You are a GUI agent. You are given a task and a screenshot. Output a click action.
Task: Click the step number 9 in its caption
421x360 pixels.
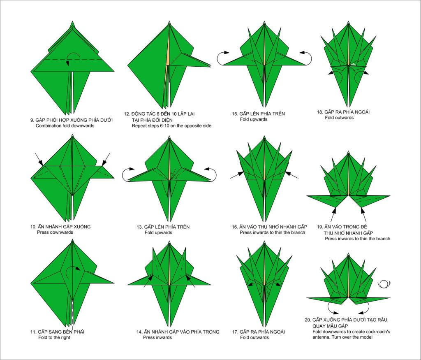point(32,120)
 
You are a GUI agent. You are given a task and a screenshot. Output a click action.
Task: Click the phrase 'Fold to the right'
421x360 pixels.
point(54,337)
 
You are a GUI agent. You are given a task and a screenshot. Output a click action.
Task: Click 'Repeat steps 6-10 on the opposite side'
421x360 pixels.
point(171,126)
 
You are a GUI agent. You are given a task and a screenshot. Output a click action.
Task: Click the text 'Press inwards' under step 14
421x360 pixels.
point(157,337)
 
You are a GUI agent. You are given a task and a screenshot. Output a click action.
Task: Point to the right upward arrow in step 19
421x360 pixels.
point(363,214)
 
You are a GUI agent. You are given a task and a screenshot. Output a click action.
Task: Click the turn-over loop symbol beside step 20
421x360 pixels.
point(384,284)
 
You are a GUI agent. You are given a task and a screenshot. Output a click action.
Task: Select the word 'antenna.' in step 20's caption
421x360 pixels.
point(321,337)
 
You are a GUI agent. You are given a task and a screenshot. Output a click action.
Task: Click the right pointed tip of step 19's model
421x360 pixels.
point(390,196)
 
